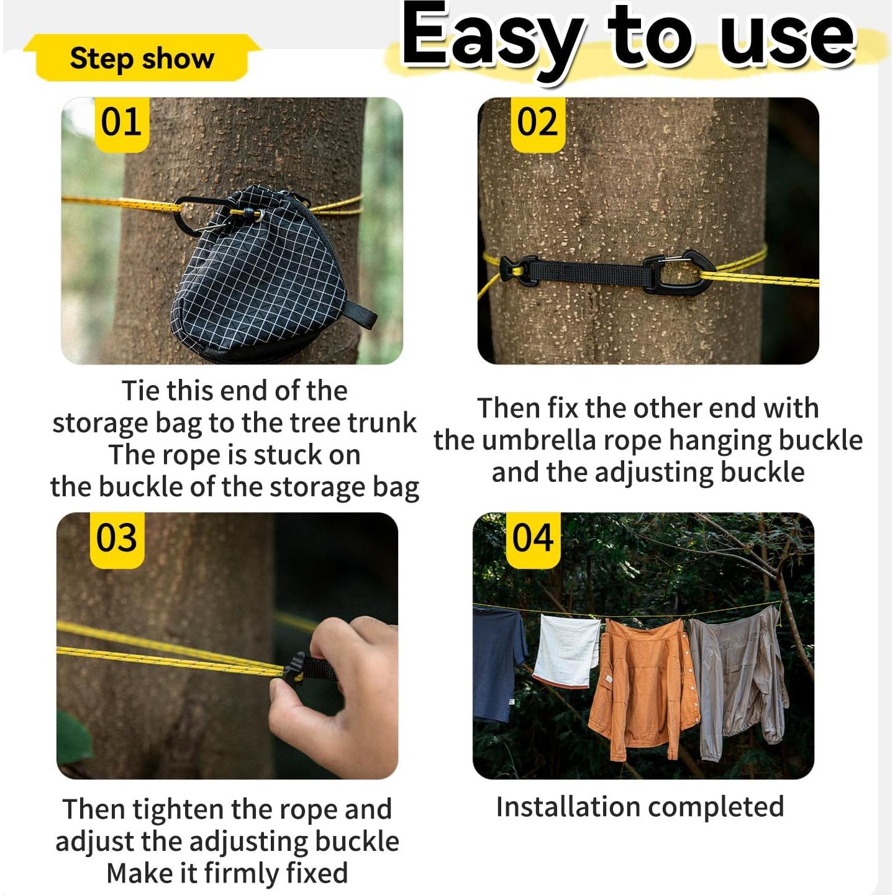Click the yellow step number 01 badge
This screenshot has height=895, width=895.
tap(122, 124)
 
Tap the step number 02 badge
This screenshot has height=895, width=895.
tap(537, 124)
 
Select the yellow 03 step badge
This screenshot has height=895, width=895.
tap(117, 540)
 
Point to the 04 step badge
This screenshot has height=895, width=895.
tap(533, 540)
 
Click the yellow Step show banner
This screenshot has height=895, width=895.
tap(142, 58)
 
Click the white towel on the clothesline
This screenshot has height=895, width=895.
tap(566, 650)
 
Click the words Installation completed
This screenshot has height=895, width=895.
tap(640, 806)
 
